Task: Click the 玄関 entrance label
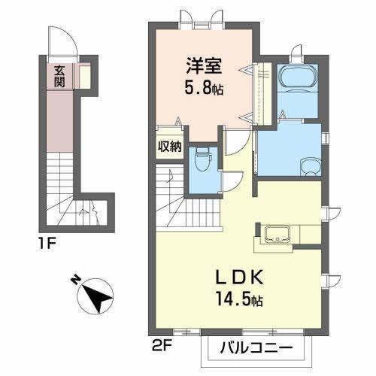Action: [59, 76]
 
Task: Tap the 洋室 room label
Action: [204, 65]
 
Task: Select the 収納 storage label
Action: [170, 146]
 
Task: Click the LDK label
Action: [240, 277]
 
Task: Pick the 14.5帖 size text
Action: [240, 299]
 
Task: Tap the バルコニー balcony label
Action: [256, 348]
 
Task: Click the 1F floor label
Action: [47, 244]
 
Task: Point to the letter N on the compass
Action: [75, 280]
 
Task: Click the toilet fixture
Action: [202, 159]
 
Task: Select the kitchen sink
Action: [277, 234]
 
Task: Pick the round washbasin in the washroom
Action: [311, 166]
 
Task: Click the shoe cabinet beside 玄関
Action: [85, 76]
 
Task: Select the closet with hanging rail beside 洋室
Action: [262, 94]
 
